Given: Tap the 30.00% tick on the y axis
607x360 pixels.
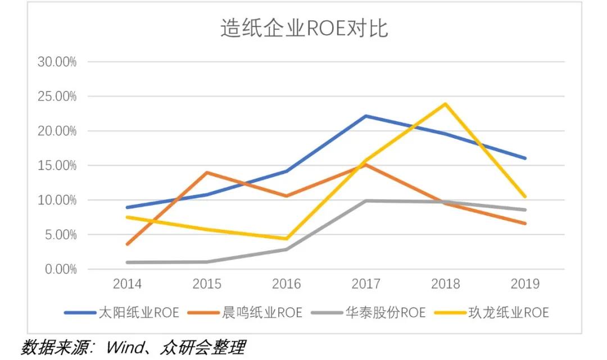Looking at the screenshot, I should click(x=57, y=62).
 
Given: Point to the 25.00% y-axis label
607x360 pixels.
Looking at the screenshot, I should click(x=57, y=97).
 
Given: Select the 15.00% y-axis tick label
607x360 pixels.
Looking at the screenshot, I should click(x=57, y=166).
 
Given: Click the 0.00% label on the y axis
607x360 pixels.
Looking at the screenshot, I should click(x=60, y=270).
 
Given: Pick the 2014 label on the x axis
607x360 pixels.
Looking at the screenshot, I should click(x=127, y=284).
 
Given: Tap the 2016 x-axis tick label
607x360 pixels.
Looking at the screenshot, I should click(x=286, y=284).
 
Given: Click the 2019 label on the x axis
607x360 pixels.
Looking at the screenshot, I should click(x=525, y=284).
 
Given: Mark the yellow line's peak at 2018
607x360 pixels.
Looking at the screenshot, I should click(x=445, y=104).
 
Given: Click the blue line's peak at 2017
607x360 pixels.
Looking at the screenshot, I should click(x=366, y=116).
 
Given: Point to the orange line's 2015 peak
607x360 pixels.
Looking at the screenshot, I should click(x=207, y=172).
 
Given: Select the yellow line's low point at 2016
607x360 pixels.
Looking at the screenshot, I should click(x=286, y=239).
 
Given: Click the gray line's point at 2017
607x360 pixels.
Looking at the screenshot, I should click(x=366, y=200).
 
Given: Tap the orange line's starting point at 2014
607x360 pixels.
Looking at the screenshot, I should click(x=128, y=244).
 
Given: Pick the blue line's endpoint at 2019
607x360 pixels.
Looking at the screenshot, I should click(x=525, y=158).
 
